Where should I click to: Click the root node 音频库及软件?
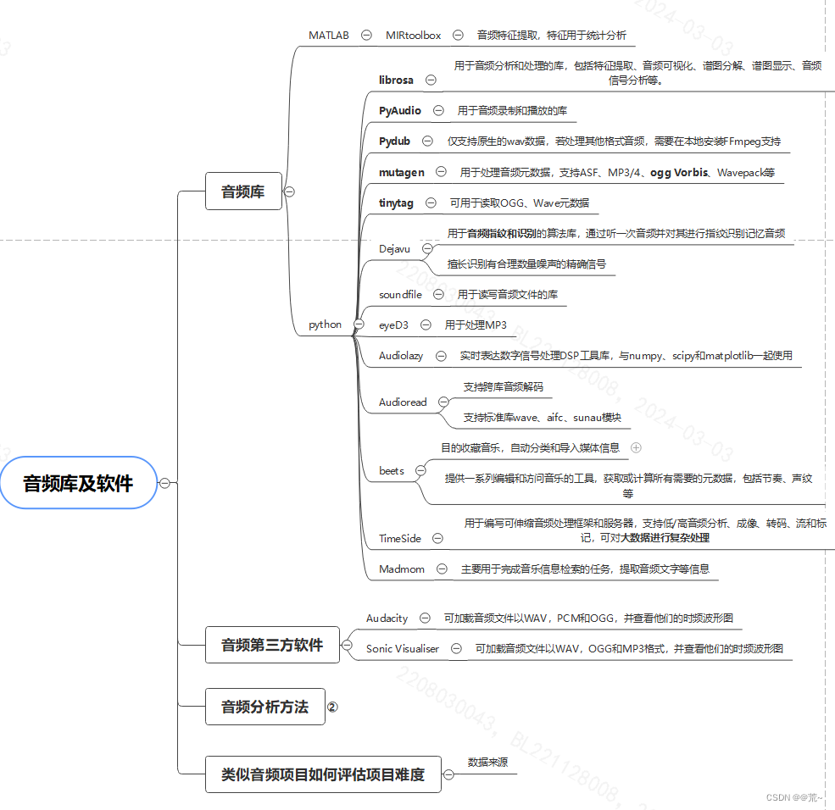(x=78, y=484)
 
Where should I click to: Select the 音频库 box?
(x=243, y=191)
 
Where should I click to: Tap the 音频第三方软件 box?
(x=272, y=645)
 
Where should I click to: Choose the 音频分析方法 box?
(x=265, y=707)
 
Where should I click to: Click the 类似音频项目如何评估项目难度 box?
(x=323, y=774)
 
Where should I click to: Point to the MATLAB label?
(x=329, y=35)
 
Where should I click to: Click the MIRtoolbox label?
(x=414, y=35)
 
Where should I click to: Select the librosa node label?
(x=397, y=80)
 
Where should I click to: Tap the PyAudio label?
(x=400, y=110)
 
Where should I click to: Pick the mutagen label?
(x=402, y=172)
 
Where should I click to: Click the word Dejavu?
(x=395, y=248)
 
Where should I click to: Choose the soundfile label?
(x=400, y=294)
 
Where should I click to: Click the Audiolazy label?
(x=401, y=356)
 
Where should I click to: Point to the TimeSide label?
(x=400, y=538)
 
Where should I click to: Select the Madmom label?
(x=402, y=569)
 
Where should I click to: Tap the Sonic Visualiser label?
(x=403, y=649)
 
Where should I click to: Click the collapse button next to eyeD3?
(x=426, y=325)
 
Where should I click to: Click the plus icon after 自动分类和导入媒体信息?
(x=636, y=447)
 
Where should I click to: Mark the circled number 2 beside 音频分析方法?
(x=332, y=707)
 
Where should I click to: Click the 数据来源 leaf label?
(x=487, y=763)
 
